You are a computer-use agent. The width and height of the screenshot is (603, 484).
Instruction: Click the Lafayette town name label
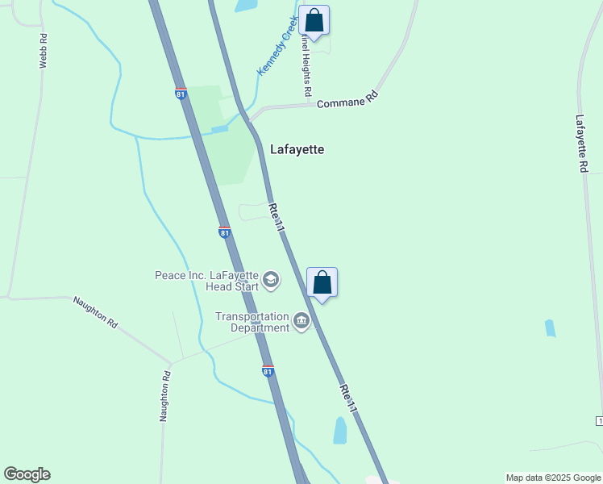(x=297, y=149)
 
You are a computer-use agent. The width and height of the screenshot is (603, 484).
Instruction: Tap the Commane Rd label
(x=347, y=99)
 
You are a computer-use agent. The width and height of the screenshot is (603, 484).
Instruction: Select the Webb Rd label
(x=44, y=50)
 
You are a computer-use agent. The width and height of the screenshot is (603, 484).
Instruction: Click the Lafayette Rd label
(x=581, y=144)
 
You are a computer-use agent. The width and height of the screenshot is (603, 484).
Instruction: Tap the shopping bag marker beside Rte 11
(x=322, y=283)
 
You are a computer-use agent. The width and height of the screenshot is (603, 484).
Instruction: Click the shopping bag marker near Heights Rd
(x=314, y=22)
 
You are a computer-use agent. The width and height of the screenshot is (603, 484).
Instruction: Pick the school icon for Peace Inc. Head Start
(x=272, y=280)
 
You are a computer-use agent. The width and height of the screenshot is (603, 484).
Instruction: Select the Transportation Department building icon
(x=301, y=322)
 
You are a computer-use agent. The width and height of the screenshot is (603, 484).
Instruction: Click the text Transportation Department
(x=252, y=322)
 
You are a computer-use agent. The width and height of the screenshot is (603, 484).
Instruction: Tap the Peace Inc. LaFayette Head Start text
(x=207, y=280)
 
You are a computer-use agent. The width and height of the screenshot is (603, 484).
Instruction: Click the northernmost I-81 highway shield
(x=181, y=94)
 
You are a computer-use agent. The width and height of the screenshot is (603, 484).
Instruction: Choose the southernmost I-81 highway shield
(x=268, y=371)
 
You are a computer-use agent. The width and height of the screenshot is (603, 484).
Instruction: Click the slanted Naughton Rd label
(x=95, y=312)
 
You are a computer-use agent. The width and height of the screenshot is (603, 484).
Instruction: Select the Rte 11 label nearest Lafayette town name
(x=276, y=218)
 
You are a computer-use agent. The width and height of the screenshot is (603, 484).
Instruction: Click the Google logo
(x=27, y=474)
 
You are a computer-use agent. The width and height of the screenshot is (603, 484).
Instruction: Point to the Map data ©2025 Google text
(x=553, y=478)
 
